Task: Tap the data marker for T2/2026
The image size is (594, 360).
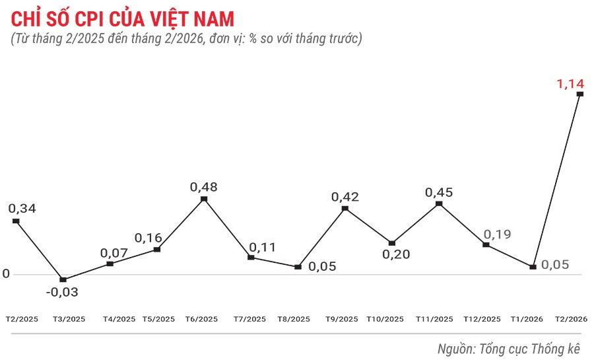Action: click(580, 94)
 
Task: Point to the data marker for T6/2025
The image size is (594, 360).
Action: click(204, 198)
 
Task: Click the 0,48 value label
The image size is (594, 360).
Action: click(203, 187)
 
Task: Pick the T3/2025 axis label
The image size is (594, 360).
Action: click(69, 319)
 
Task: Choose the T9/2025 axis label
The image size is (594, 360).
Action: click(342, 319)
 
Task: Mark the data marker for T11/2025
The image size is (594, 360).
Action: click(439, 204)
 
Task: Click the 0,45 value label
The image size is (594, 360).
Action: click(439, 192)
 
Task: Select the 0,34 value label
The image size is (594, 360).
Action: click(22, 209)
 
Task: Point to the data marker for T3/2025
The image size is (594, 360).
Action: click(63, 279)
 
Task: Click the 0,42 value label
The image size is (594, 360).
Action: click(345, 197)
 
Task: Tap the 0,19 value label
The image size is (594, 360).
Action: click(497, 234)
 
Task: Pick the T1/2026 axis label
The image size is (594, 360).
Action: click(527, 319)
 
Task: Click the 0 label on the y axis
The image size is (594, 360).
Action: click(6, 273)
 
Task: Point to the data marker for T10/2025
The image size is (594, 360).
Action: click(391, 243)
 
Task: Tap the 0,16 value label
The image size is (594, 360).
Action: click(148, 238)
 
